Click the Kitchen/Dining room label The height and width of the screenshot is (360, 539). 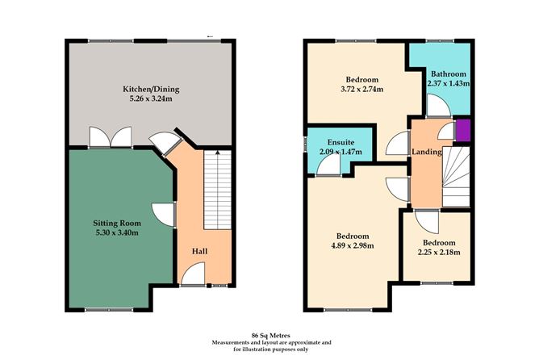pos(151,90)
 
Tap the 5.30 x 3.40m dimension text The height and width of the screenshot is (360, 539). pos(117,232)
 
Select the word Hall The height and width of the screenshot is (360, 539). pos(200,251)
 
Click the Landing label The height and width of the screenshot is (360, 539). pos(427,152)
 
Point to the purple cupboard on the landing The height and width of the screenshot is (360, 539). pos(463,130)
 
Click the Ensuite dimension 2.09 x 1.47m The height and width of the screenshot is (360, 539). pos(341,152)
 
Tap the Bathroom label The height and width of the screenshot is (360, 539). pos(449,74)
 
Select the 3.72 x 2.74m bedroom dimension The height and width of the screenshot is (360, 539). pos(362,89)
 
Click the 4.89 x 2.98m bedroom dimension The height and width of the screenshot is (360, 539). pos(353,245)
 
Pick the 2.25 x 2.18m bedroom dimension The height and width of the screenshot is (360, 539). pos(439,252)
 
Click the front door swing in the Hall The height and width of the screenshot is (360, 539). pos(193,274)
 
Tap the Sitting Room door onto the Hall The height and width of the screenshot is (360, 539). pos(164,215)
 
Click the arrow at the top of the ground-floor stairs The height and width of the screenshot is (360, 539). pos(217,153)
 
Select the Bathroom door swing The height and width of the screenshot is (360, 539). pos(439,106)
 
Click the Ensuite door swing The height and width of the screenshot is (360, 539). pos(328,165)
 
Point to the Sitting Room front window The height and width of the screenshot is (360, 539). pos(109,310)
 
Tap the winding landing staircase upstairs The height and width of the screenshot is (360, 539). pos(456,177)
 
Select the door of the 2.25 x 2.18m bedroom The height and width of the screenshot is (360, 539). pos(427,221)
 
